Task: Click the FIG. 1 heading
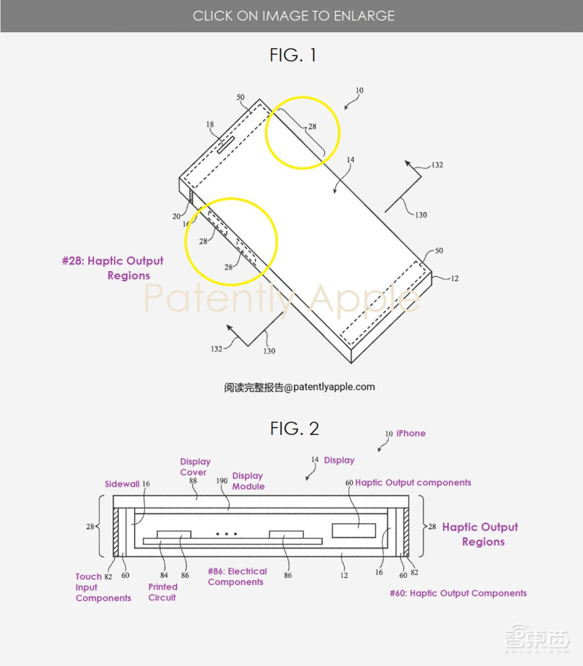tap(293, 55)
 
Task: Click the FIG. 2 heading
tap(294, 428)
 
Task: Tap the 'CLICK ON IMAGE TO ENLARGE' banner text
tap(294, 16)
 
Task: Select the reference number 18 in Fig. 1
tap(210, 124)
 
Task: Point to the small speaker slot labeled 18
tap(226, 145)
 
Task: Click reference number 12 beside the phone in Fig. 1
tap(455, 278)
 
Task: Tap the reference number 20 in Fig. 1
tap(176, 216)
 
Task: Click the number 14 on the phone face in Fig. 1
tap(350, 160)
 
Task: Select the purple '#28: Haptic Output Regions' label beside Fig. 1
tap(113, 268)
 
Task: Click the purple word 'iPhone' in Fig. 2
tap(411, 434)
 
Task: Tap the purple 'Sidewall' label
tap(122, 484)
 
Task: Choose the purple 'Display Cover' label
tap(195, 467)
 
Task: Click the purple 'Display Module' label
tap(249, 481)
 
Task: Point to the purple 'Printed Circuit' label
tap(163, 592)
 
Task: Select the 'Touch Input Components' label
tap(103, 587)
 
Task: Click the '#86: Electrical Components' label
tap(237, 576)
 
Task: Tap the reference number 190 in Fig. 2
tap(222, 481)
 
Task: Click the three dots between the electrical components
tap(227, 534)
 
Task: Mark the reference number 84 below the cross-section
tap(164, 575)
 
